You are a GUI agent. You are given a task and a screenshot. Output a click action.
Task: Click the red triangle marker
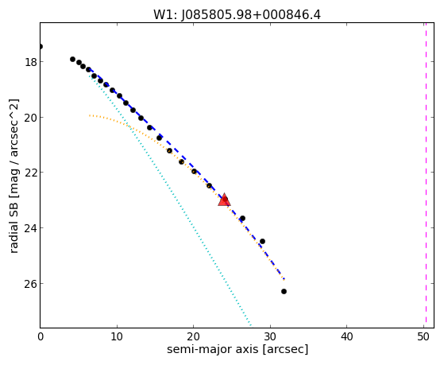pos(224,200)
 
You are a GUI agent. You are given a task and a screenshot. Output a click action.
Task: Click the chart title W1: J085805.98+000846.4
pos(237,15)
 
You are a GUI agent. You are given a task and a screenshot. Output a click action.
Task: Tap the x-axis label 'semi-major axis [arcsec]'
pos(237,349)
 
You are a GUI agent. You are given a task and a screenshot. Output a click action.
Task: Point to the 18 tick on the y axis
pos(30,62)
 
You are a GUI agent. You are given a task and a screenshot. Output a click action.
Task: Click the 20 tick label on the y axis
pos(30,118)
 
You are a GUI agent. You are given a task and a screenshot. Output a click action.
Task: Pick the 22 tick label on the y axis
pos(30,173)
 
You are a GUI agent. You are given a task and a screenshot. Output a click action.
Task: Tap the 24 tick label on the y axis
pos(30,228)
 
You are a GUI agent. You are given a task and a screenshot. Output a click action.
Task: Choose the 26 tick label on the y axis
pos(30,284)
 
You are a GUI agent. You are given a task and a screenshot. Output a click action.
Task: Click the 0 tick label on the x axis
pos(41,336)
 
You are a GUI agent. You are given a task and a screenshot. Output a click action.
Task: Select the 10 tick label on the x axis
pos(117,336)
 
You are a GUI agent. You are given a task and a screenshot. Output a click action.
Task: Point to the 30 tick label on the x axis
pos(270,336)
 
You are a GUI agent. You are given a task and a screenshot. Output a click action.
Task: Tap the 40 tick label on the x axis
pos(346,336)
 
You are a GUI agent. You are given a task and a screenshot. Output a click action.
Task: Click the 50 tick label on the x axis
pos(423,336)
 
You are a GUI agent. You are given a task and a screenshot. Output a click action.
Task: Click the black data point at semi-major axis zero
pos(41,46)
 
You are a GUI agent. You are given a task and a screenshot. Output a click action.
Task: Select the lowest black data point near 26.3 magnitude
pos(284,291)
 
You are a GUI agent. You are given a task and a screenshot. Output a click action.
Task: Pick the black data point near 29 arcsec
pos(262,242)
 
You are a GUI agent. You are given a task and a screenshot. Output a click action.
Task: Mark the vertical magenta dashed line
pos(426,175)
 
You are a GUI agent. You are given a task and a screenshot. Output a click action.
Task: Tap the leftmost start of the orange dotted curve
pos(90,115)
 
